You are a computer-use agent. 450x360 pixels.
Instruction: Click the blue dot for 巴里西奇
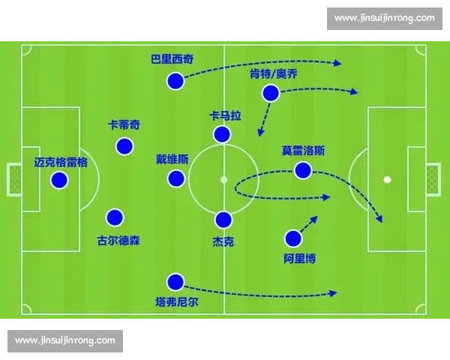click(175, 81)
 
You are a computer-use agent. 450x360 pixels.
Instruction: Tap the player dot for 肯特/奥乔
click(270, 93)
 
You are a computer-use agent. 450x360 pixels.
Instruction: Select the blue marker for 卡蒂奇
click(124, 145)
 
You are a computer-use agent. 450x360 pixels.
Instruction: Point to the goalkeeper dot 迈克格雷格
click(58, 180)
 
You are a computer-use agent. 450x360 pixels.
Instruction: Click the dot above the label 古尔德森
click(114, 217)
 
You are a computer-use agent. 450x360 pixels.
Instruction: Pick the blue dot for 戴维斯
click(176, 178)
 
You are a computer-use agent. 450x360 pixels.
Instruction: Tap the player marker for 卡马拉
click(222, 134)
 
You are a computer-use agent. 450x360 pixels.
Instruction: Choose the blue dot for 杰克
click(223, 220)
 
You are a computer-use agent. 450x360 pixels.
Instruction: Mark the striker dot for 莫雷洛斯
click(303, 170)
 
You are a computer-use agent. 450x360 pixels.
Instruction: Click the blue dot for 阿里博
click(293, 239)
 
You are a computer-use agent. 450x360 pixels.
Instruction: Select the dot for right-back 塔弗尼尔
click(175, 282)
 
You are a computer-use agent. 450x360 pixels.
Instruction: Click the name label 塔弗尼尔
click(175, 304)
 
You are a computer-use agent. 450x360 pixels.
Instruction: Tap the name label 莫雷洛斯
click(303, 150)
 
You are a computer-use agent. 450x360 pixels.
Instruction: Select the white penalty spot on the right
click(387, 179)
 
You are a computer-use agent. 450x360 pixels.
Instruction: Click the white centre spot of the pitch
click(223, 179)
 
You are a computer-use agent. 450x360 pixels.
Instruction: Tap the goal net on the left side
click(14, 179)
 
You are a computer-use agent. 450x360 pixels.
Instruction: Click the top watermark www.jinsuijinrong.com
click(384, 17)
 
